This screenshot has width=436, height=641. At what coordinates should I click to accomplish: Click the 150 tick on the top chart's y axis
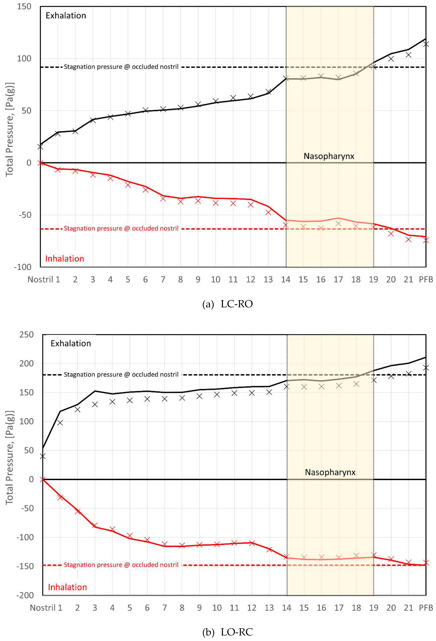point(24,6)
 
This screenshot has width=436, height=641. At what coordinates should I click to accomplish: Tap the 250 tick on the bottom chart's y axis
point(27,335)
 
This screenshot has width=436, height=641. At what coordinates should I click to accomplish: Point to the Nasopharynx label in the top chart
point(329,156)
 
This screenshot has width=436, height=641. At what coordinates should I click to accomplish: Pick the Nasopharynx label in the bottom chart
point(330,472)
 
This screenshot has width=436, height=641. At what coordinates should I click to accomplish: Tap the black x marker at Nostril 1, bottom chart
point(43,456)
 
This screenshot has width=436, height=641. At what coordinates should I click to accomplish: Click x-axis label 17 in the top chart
point(338,280)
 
